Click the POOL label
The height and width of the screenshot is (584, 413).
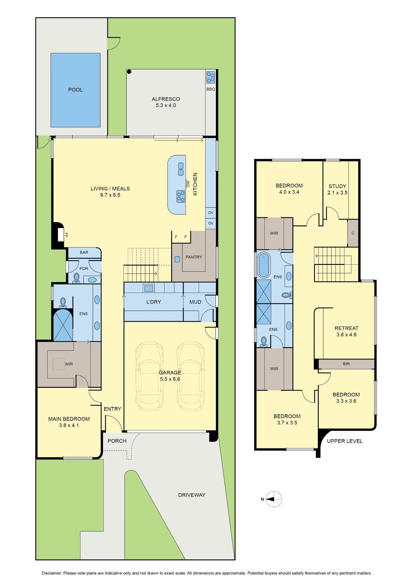75,90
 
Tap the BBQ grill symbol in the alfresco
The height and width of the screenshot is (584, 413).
210,77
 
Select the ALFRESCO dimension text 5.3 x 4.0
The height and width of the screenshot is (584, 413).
166,105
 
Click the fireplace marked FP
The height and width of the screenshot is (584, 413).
61,235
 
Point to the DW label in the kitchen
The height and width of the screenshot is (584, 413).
188,184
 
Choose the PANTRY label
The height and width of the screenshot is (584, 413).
194,257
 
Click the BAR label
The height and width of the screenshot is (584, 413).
84,252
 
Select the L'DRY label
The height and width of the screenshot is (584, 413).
154,302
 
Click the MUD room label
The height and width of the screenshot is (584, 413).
195,302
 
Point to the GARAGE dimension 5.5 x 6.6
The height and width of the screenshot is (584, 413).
170,379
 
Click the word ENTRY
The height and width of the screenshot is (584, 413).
112,409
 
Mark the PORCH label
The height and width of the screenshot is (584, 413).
117,441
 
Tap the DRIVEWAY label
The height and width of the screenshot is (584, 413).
192,495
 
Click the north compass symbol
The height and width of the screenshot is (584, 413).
274,499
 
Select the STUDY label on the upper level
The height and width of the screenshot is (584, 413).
337,186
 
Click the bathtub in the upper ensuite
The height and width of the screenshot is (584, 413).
264,265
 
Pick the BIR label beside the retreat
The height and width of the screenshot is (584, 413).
346,364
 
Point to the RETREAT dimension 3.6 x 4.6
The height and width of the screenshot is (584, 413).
346,335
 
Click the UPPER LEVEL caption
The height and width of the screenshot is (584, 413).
345,441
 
